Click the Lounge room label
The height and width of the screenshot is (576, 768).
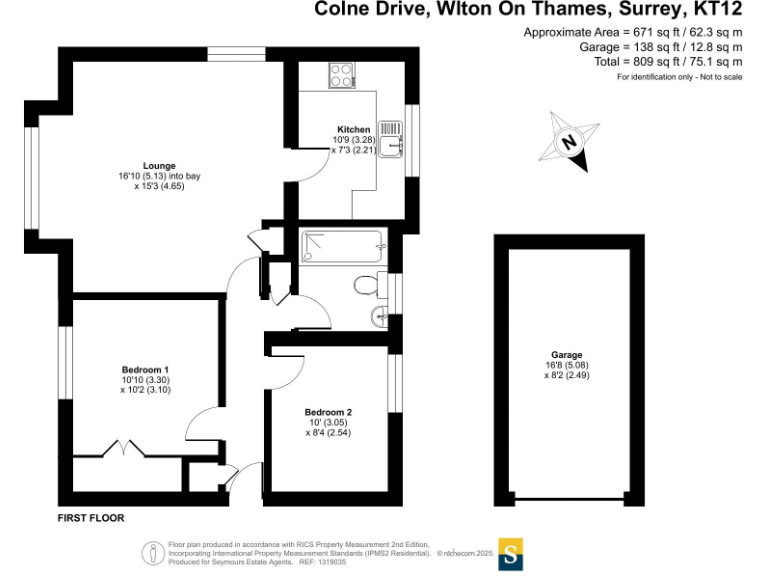159,166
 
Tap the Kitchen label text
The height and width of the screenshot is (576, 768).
353,130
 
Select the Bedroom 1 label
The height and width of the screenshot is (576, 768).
145,370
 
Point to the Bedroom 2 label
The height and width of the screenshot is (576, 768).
328,412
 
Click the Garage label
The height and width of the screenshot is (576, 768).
566,355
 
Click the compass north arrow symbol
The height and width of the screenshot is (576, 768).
569,142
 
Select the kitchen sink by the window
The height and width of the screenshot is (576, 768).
395,137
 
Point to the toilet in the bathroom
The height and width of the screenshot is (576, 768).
366,285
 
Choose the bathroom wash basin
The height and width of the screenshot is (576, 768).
380,319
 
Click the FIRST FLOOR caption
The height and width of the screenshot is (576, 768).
91,518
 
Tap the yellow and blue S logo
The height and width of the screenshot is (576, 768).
511,554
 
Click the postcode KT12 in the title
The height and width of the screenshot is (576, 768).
718,10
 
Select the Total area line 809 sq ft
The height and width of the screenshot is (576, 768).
661,61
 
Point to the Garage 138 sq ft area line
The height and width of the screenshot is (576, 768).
661,47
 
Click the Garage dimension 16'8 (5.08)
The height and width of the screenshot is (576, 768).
566,365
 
